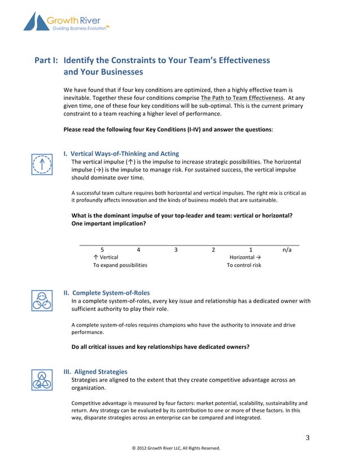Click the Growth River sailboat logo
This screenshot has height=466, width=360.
36,21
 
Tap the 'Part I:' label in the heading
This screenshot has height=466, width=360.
47,60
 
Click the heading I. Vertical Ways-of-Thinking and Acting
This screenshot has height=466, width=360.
121,153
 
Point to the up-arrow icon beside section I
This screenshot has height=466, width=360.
42,164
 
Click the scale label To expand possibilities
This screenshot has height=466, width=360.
120,265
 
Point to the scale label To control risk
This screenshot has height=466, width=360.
244,265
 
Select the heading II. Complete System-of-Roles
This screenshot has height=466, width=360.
107,293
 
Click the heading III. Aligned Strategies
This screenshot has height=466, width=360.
95,372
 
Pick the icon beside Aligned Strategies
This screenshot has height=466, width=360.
42,380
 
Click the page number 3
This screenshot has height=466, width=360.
308,437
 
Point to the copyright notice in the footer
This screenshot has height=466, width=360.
175,449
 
